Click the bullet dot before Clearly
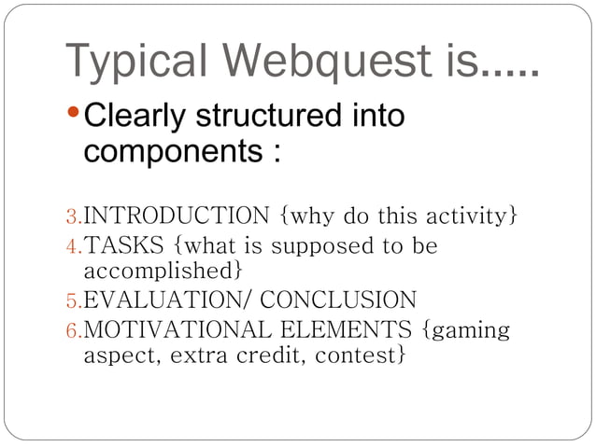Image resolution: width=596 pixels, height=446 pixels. [76, 117]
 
